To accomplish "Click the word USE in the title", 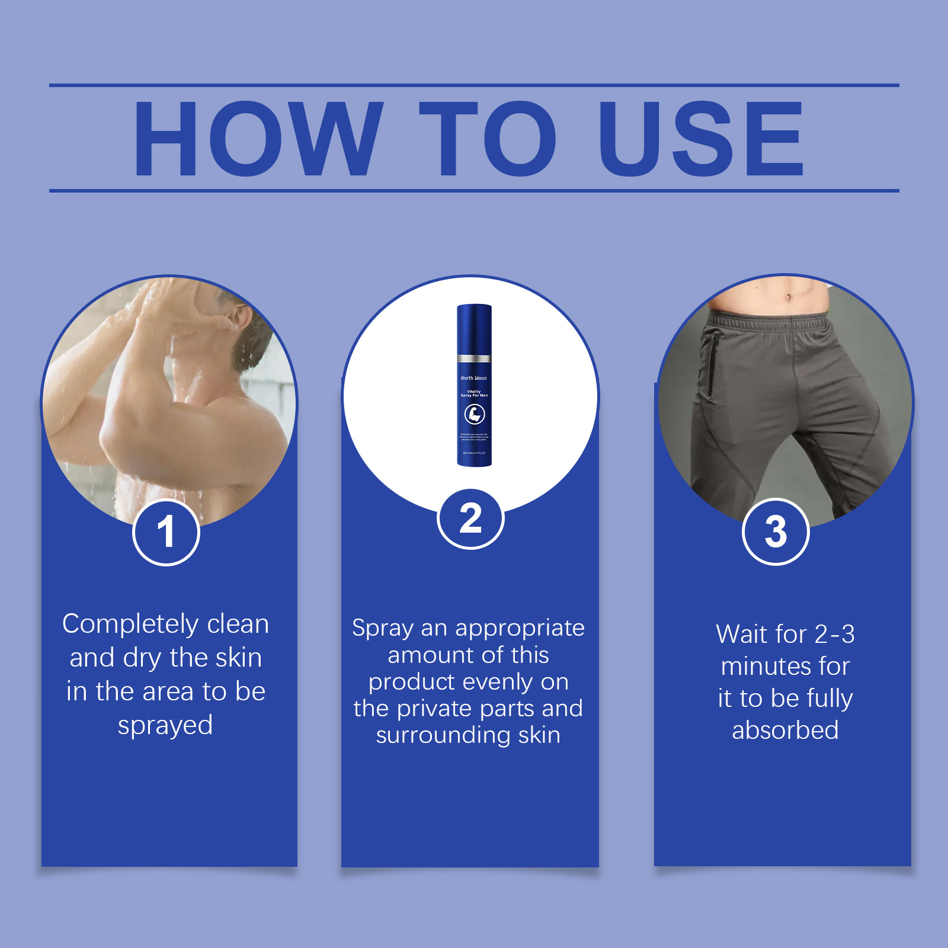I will click(x=701, y=139).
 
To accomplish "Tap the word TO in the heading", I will click(x=488, y=139).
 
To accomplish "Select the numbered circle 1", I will click(x=166, y=531).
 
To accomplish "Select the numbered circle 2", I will click(x=470, y=519).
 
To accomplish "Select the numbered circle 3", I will click(x=776, y=531).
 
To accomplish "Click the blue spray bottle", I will click(x=474, y=385).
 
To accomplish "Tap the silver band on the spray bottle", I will click(x=474, y=358).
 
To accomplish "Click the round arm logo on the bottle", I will click(x=475, y=414).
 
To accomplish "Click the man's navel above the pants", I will click(x=789, y=297).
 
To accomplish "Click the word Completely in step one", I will click(x=130, y=624).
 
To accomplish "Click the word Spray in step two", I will click(x=383, y=628).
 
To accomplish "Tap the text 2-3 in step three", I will click(x=835, y=635).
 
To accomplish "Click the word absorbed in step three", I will click(x=785, y=731).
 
